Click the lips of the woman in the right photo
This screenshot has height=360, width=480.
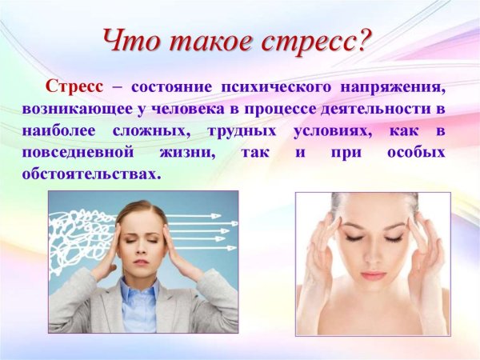click(371, 275)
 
